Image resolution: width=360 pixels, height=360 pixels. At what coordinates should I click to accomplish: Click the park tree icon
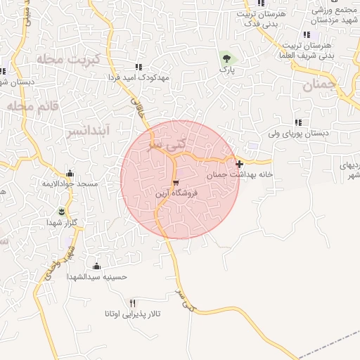point(226,58)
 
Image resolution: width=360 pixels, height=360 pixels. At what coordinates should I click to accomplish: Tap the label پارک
point(226,70)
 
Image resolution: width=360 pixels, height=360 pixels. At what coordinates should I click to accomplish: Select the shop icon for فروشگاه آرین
point(175,181)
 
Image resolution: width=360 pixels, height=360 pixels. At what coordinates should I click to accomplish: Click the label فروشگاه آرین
point(176,192)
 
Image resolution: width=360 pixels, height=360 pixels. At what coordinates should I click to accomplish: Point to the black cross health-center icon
point(240,164)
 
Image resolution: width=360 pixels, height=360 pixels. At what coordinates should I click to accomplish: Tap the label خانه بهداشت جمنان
point(240,174)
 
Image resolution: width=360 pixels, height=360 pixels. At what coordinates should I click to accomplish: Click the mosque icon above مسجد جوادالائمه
point(69,174)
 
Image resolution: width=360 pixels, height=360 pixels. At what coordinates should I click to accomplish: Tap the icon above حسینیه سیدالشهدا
point(96,266)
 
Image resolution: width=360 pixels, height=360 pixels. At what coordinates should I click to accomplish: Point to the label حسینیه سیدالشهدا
point(96,277)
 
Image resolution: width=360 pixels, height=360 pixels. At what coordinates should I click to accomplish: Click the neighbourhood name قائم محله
point(27,105)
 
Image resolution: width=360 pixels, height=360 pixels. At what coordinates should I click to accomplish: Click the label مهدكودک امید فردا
point(138,78)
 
